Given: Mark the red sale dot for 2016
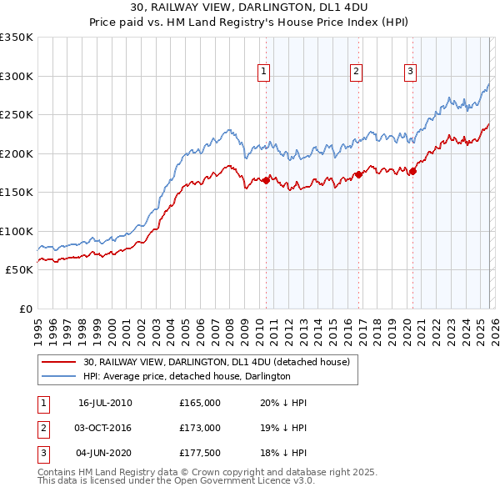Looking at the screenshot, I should click(358, 174).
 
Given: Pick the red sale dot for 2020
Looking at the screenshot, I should click(412, 171).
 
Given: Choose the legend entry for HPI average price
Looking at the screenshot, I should click(187, 377).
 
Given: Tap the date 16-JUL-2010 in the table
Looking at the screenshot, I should click(105, 403).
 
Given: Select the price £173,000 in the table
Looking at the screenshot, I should click(200, 428).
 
